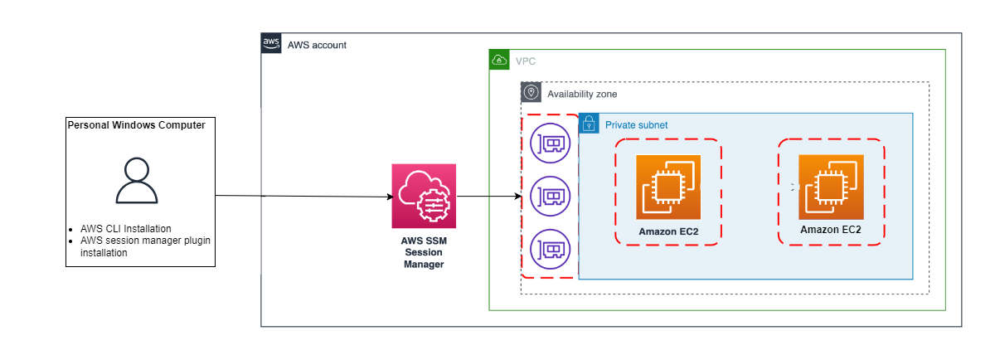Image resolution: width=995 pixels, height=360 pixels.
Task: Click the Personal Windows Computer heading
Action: pyautogui.click(x=136, y=124)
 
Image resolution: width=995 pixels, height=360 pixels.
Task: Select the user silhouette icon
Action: pyautogui.click(x=137, y=181)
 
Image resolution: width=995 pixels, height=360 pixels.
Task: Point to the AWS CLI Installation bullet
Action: pyautogui.click(x=126, y=228)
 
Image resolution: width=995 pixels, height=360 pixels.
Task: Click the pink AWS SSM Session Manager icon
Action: pyautogui.click(x=424, y=196)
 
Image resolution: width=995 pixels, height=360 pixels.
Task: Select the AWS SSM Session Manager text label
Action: pyautogui.click(x=424, y=252)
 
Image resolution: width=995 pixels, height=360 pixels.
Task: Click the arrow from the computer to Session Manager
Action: pyautogui.click(x=303, y=197)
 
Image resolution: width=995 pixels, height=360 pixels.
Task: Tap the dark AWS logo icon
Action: pyautogui.click(x=271, y=44)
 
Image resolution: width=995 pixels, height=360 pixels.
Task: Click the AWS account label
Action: pyautogui.click(x=317, y=45)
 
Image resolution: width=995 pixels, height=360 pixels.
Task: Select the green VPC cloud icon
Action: pyautogui.click(x=499, y=60)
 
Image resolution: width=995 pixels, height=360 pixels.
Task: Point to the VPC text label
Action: pyautogui.click(x=526, y=61)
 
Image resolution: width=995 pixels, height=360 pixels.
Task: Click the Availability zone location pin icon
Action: pyautogui.click(x=531, y=92)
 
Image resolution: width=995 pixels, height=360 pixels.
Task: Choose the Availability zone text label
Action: pyautogui.click(x=582, y=94)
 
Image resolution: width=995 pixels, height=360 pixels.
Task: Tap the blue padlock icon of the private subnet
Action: pyautogui.click(x=589, y=124)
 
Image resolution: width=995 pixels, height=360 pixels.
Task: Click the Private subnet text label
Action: pyautogui.click(x=636, y=124)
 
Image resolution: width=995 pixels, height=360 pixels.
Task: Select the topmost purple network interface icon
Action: pyautogui.click(x=550, y=144)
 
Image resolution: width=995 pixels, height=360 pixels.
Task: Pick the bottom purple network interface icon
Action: pyautogui.click(x=550, y=248)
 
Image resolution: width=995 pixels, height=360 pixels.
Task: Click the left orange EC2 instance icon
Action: pyautogui.click(x=668, y=187)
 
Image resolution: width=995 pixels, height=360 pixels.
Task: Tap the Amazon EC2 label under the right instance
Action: pyautogui.click(x=830, y=230)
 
